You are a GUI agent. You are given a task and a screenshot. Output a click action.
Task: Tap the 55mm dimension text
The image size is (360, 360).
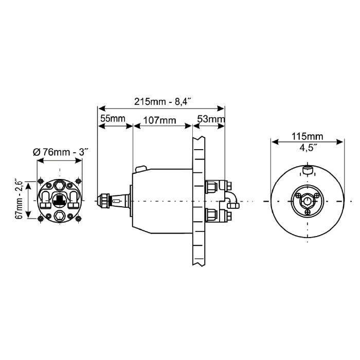113,119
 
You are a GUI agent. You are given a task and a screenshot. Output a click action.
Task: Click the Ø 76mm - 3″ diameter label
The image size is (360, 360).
60,152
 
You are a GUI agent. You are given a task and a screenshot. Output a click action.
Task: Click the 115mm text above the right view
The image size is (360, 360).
308,136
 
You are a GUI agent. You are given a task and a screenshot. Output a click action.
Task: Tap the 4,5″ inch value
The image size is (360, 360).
308,147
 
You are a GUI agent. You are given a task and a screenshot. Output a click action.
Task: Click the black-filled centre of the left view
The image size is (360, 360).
60,200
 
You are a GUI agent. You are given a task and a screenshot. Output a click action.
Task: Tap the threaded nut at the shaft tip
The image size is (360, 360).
105,200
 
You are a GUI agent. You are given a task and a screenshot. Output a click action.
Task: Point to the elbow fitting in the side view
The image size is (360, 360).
229,198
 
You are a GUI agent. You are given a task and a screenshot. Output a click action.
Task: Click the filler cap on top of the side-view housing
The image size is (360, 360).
140,168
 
